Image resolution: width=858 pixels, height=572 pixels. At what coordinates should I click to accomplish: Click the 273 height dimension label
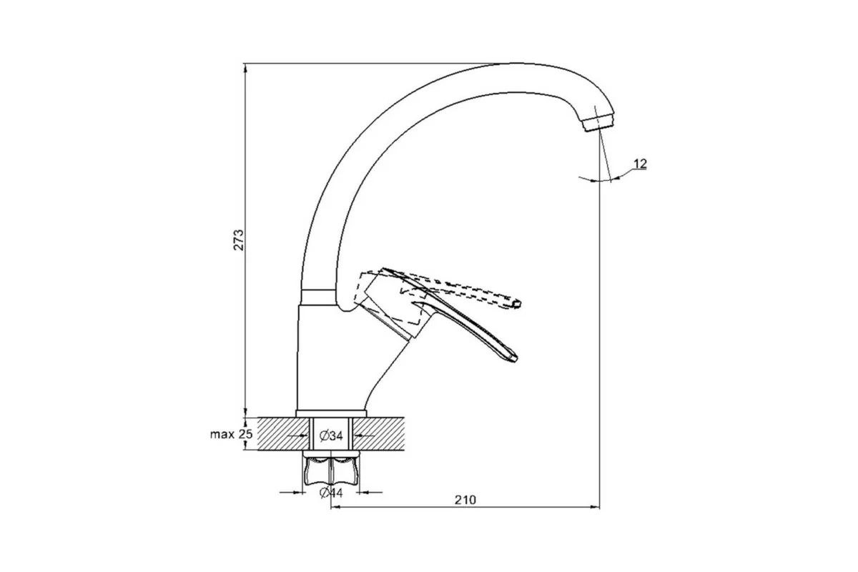click(x=239, y=240)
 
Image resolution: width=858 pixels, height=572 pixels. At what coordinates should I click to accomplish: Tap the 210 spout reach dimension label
click(x=465, y=500)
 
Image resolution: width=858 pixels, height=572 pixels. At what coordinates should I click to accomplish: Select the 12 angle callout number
click(x=640, y=164)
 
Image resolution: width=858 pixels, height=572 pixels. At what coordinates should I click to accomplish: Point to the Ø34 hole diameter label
click(x=331, y=435)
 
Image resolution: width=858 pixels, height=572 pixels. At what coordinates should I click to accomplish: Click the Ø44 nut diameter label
click(x=331, y=493)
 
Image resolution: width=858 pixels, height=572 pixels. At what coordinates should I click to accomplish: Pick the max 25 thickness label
click(x=232, y=434)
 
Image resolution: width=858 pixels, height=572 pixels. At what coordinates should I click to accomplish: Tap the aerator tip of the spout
click(x=598, y=123)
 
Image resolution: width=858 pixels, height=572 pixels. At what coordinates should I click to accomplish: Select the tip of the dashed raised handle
click(x=517, y=304)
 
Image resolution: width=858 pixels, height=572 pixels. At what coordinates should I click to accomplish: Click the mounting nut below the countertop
click(x=331, y=473)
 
